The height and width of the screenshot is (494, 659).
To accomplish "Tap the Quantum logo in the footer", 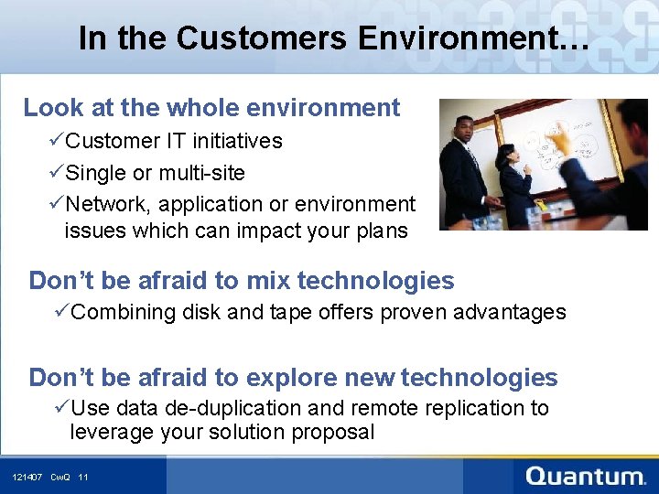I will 586,476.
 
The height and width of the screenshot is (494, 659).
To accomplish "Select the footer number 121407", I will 27,478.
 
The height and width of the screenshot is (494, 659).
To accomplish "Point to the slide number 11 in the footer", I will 83,478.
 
